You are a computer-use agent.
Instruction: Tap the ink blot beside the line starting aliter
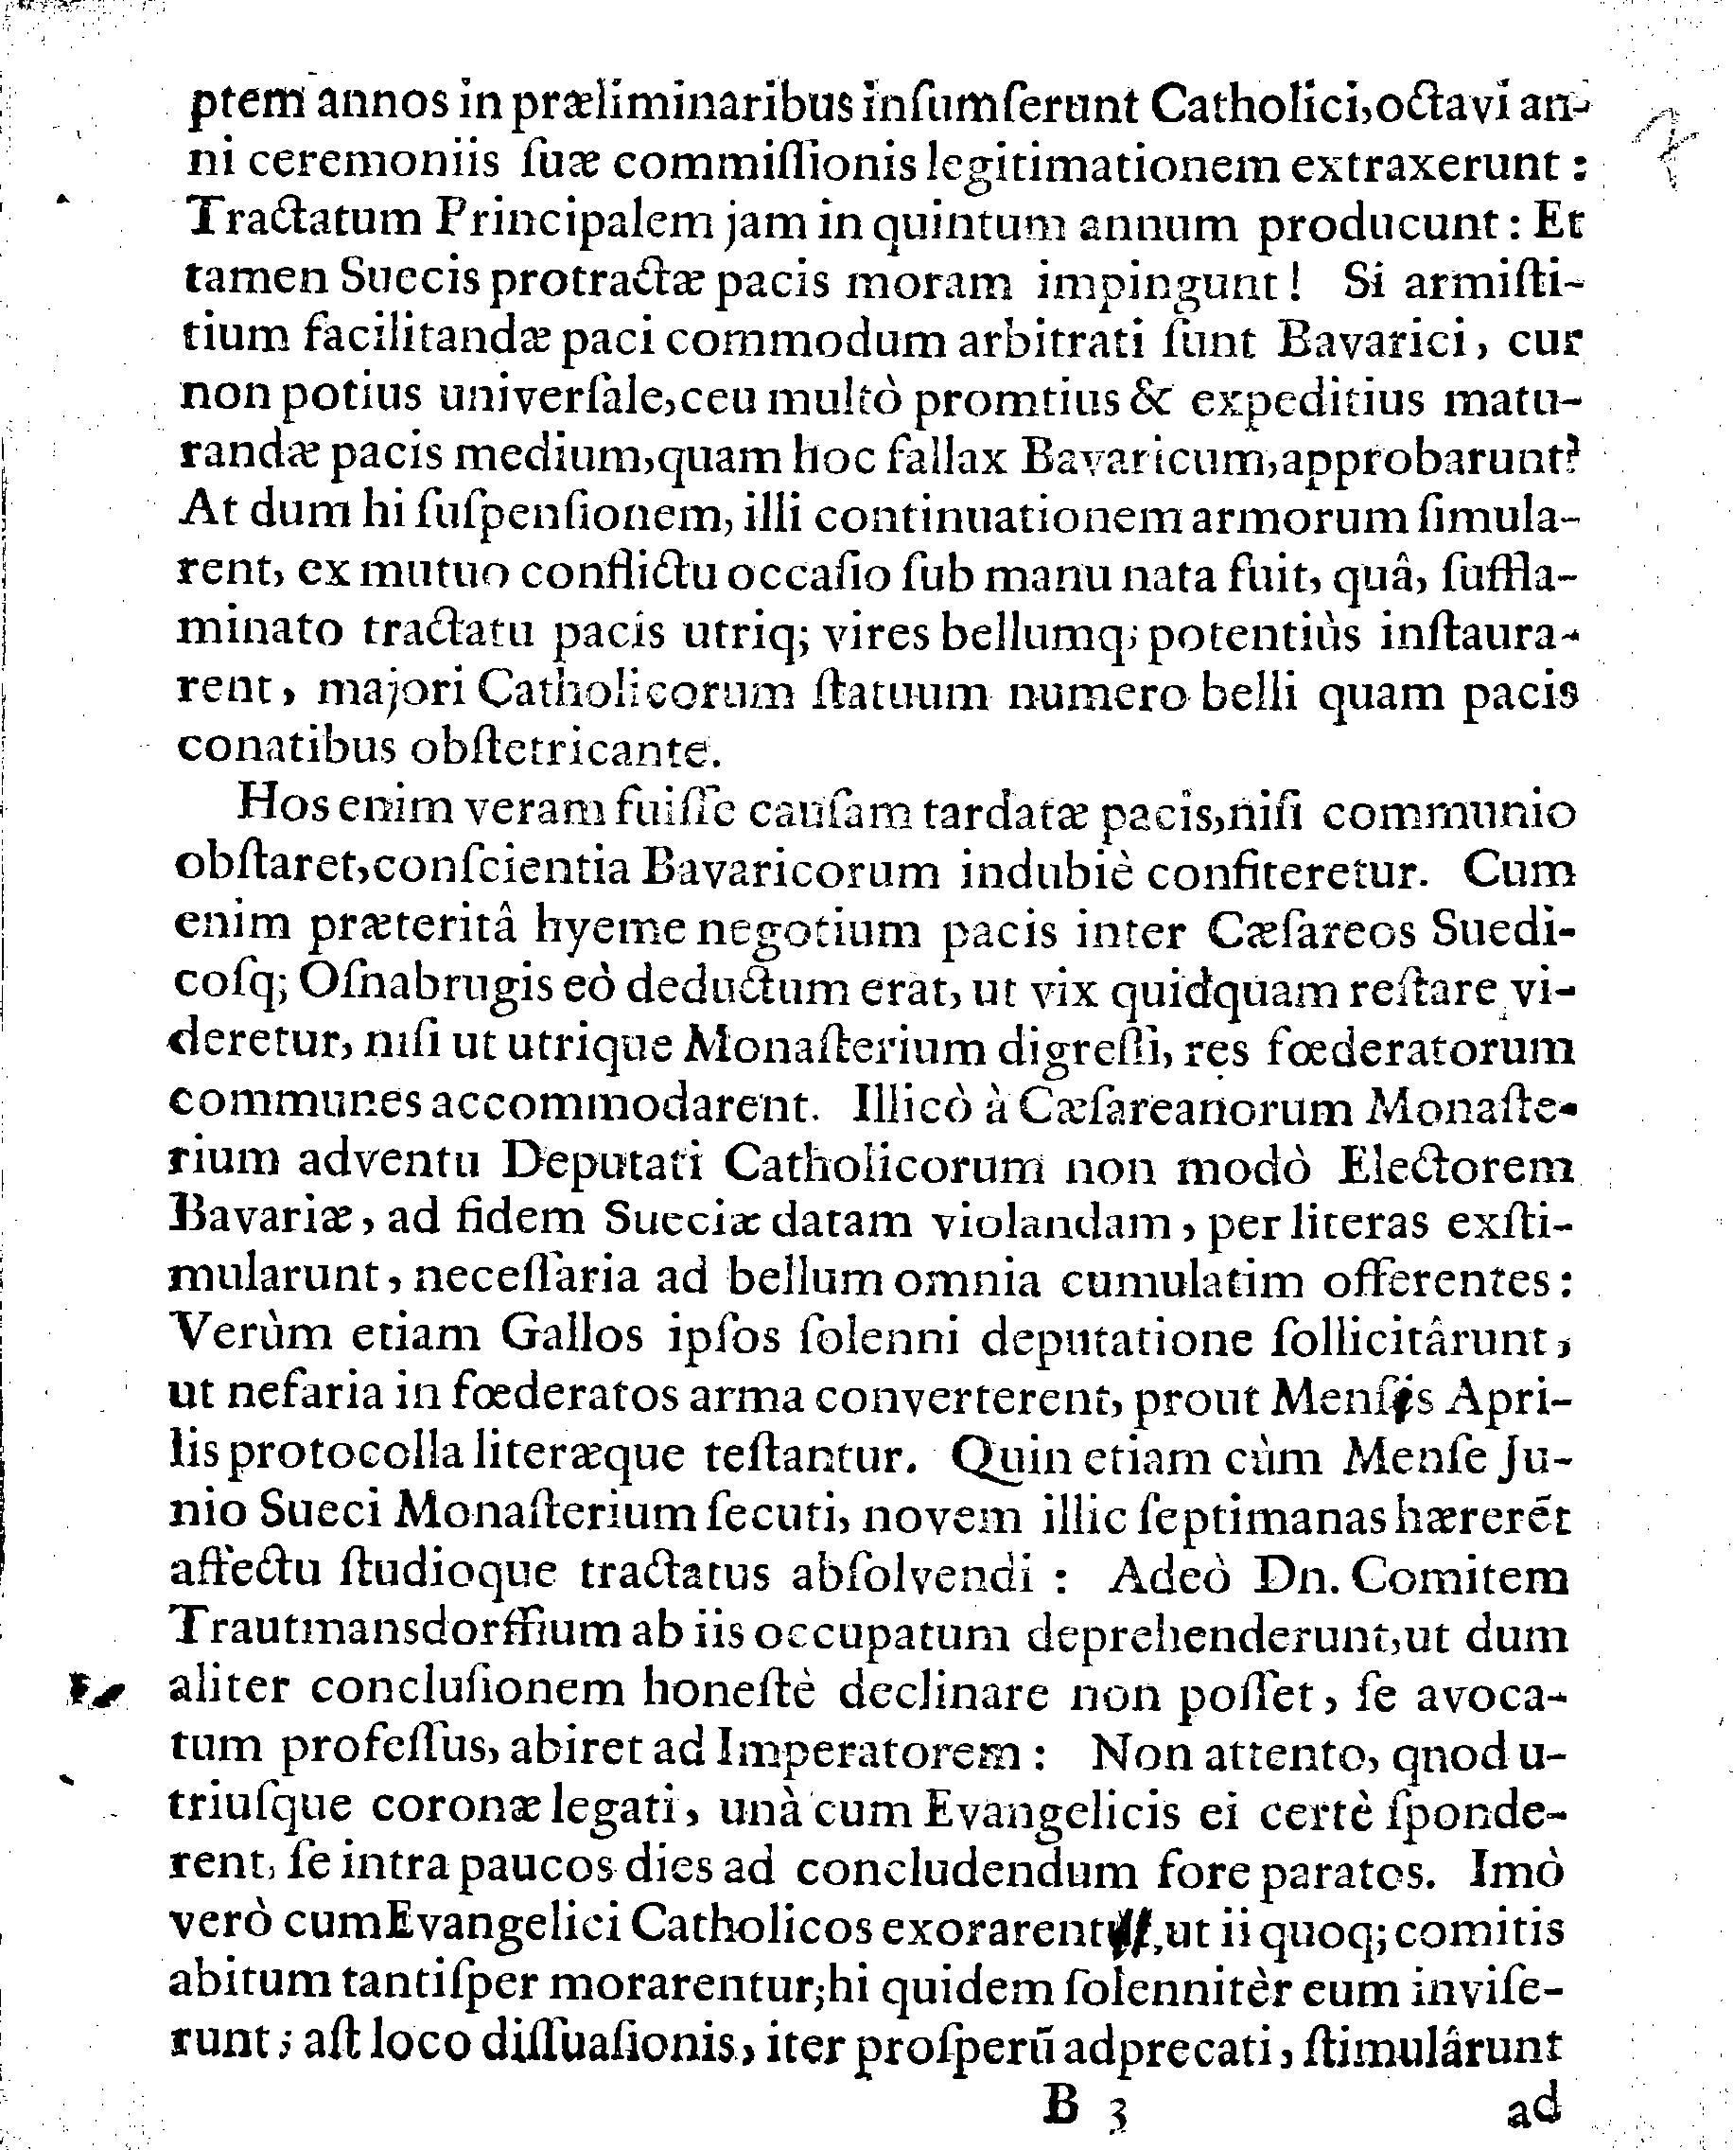[x=96, y=1690]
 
